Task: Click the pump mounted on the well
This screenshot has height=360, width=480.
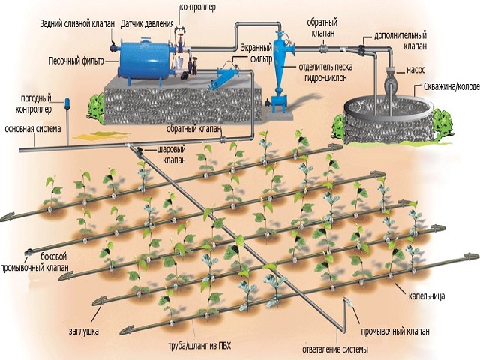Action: [x=391, y=79]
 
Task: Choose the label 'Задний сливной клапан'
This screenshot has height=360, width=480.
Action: [x=76, y=24]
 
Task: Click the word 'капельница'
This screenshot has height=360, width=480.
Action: [x=427, y=295]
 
